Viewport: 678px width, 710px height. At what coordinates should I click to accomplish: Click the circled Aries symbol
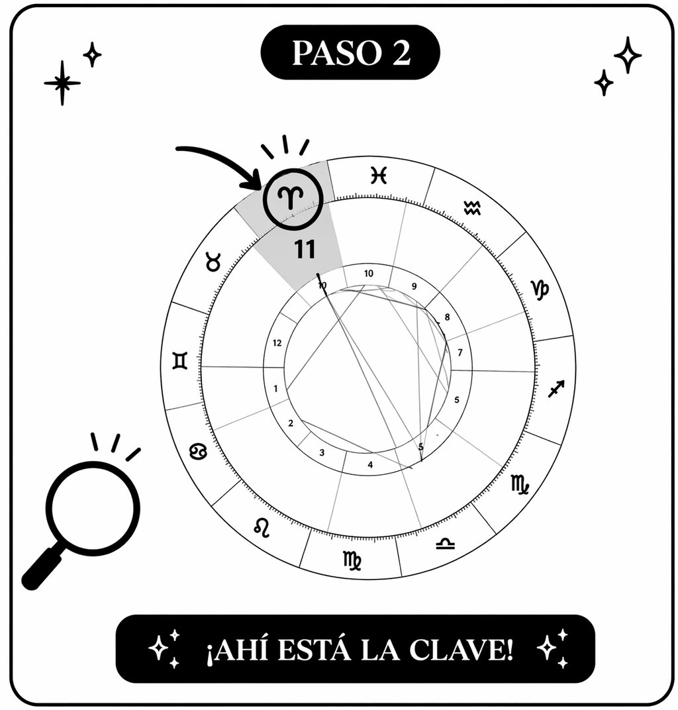(x=293, y=198)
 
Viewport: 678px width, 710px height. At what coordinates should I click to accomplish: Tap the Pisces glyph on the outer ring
(x=378, y=176)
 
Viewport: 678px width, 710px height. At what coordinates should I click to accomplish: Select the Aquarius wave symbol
(x=472, y=208)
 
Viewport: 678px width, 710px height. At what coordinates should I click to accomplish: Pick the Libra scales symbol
(x=445, y=543)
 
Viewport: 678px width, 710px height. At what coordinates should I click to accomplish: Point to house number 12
(x=278, y=343)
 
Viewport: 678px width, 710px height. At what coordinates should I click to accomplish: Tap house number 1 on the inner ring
(x=275, y=389)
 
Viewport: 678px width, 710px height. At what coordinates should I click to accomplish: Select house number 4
(x=370, y=465)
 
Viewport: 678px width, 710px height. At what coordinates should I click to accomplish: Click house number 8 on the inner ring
(x=447, y=317)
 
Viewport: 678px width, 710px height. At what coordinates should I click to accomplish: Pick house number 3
(x=322, y=453)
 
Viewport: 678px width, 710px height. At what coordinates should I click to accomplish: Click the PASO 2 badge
(x=351, y=53)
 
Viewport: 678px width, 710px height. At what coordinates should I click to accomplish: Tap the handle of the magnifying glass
(x=42, y=570)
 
